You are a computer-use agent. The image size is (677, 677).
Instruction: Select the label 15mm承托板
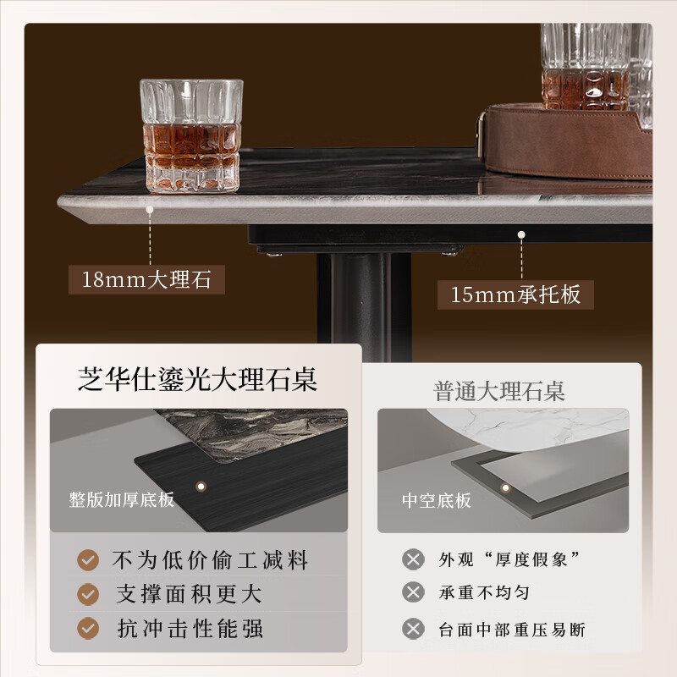515,294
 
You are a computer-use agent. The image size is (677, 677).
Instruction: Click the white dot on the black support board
522,234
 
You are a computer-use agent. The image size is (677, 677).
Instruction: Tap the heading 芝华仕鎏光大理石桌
198,379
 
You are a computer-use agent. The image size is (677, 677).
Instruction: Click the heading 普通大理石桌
499,391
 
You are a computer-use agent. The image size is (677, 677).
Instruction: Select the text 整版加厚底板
122,498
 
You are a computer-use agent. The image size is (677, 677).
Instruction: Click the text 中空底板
436,499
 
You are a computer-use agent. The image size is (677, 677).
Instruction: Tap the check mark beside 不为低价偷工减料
88,559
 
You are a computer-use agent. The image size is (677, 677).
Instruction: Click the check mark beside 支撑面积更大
88,594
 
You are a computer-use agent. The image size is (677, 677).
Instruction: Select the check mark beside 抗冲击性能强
88,628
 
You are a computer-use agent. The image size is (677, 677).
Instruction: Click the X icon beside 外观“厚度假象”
413,559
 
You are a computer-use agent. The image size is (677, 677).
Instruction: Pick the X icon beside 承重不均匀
413,593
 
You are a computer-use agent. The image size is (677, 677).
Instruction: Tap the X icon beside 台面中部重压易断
413,629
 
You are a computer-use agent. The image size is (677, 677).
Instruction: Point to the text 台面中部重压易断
511,629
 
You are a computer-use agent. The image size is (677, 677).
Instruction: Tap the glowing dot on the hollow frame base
505,487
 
